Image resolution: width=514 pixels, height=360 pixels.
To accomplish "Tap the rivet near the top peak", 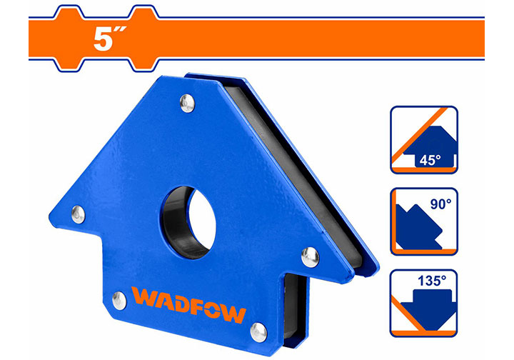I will coord(186,105).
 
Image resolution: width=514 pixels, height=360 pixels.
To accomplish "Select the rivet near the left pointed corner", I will coord(78,214).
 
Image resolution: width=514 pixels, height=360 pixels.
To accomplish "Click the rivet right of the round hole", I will coord(310,254).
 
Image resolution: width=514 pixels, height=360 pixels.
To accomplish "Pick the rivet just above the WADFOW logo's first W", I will coord(119,301).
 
